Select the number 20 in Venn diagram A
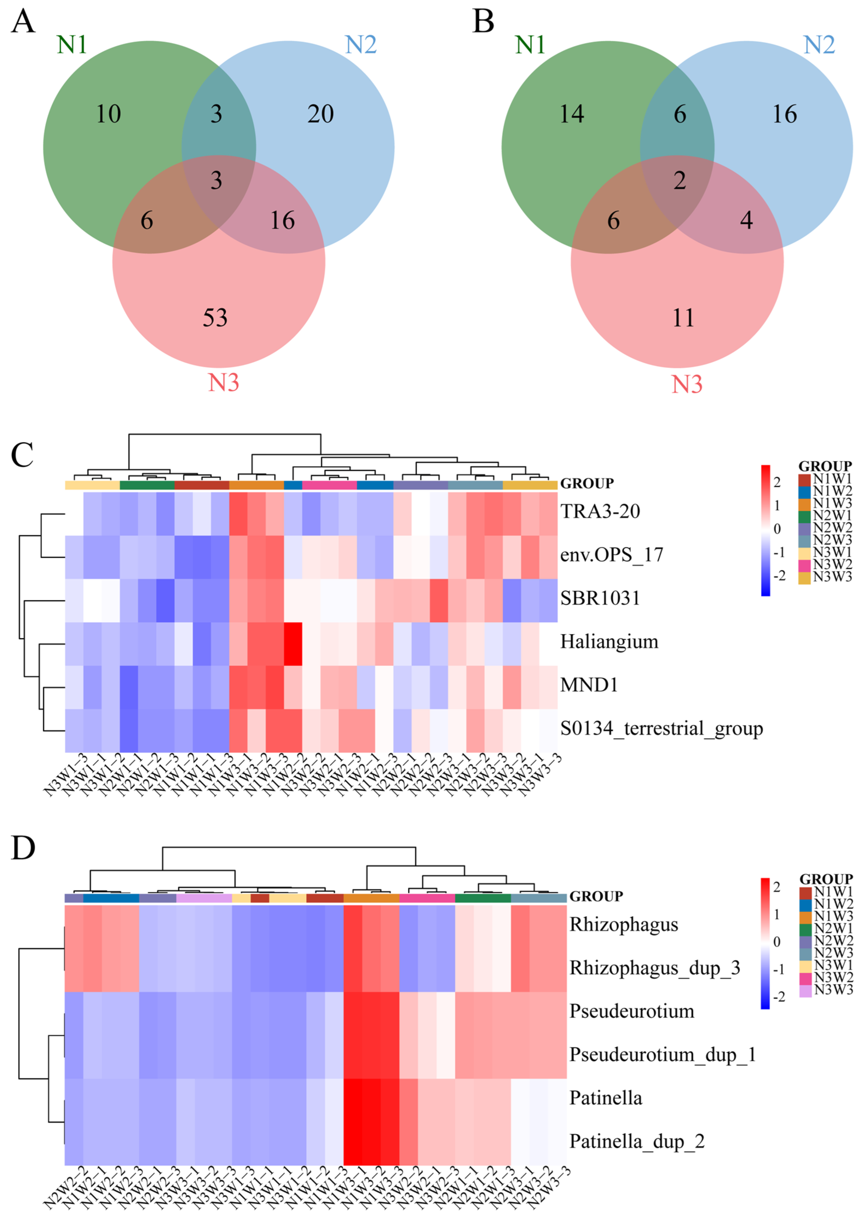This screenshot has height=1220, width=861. tap(320, 114)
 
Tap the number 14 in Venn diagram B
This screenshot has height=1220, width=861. tap(571, 114)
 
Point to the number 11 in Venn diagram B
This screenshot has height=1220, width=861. tap(683, 318)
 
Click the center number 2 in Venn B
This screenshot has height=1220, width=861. tap(680, 181)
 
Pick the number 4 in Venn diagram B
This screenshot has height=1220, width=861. tap(746, 220)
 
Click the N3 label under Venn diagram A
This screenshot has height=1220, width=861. tap(223, 383)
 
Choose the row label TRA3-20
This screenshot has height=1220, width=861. tap(600, 511)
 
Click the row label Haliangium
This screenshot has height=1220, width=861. tap(609, 642)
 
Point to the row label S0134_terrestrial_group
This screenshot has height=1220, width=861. tap(661, 728)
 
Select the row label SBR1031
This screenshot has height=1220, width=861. tap(600, 598)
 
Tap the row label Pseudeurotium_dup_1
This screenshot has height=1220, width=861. tap(662, 1054)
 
